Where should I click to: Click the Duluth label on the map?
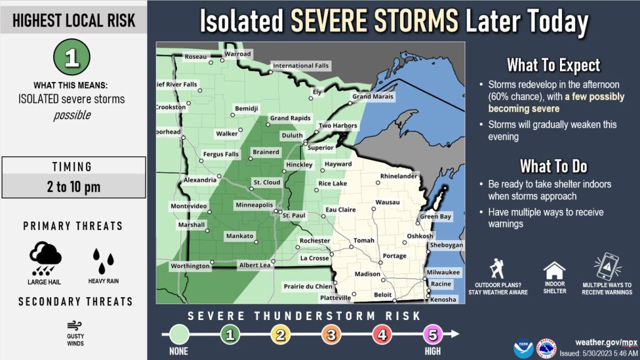coord(292,135)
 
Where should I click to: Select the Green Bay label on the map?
coord(436,217)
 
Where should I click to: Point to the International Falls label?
coord(301,66)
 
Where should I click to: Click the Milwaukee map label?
coord(443,273)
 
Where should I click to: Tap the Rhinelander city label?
coord(399,176)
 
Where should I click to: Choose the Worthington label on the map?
coord(190,266)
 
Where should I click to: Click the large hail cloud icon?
coord(45,258)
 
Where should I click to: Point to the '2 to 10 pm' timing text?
coord(74,187)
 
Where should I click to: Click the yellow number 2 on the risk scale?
coord(280,334)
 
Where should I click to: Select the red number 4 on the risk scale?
coord(382,334)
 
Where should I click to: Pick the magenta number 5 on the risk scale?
coord(433,334)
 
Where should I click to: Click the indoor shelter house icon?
coord(554,270)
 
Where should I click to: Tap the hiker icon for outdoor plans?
coord(498,268)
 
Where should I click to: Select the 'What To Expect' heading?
coord(553,66)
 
